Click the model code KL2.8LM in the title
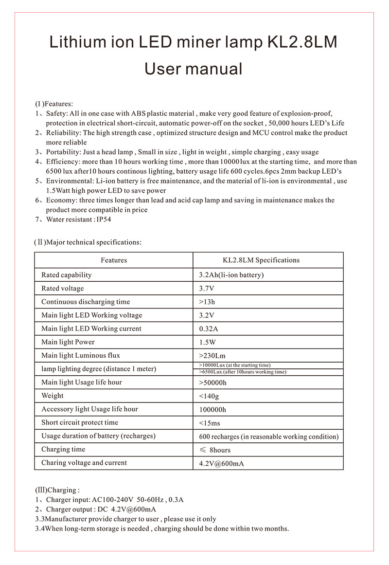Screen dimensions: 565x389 click(x=302, y=42)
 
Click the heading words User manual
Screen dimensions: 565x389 click(x=194, y=69)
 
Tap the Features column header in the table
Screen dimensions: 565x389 click(x=114, y=260)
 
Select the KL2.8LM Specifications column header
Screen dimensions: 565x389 click(x=261, y=260)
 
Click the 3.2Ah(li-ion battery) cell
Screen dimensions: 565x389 click(x=231, y=275)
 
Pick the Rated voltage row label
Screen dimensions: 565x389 click(x=62, y=289)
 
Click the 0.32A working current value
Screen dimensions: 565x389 click(x=209, y=329)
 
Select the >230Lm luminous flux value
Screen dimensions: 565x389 click(x=213, y=356)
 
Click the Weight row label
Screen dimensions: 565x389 click(x=53, y=396)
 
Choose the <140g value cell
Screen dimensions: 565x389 click(x=209, y=396)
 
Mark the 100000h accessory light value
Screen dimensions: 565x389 click(x=212, y=409)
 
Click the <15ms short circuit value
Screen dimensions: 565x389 click(x=210, y=423)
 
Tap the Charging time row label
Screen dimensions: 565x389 click(x=63, y=449)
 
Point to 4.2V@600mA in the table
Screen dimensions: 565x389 click(x=221, y=463)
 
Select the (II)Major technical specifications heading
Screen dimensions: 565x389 click(x=88, y=242)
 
